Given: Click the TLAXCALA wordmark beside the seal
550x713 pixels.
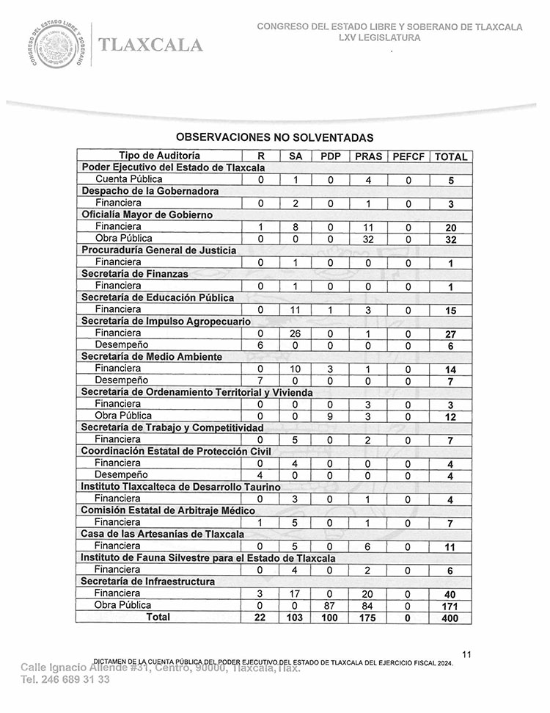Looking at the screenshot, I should (x=150, y=45).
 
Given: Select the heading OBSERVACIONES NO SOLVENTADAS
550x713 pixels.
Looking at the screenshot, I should (x=275, y=137).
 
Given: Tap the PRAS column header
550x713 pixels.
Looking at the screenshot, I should (x=368, y=156).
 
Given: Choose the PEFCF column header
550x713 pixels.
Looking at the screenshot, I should (x=408, y=156).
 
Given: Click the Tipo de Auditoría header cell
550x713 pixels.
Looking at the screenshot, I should (x=159, y=156).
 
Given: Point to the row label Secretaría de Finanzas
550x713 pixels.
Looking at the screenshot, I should (x=135, y=274).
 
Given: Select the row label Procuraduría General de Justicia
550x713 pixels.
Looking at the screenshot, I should (x=158, y=250).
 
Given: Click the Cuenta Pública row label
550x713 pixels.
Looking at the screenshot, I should (x=129, y=179).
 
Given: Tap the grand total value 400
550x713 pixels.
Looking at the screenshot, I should (x=450, y=618).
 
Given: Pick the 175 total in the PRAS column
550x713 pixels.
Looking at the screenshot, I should (x=368, y=618).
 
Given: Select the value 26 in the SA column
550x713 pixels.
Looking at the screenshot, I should (x=295, y=333).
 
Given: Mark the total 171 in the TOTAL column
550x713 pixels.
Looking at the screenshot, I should (x=450, y=606).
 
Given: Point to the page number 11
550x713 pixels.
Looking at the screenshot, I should (x=468, y=654).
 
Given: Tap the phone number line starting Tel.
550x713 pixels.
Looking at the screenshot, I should (x=65, y=680).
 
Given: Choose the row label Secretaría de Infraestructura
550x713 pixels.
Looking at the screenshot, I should (x=147, y=582).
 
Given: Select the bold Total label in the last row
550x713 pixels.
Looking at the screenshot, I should (x=158, y=618).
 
